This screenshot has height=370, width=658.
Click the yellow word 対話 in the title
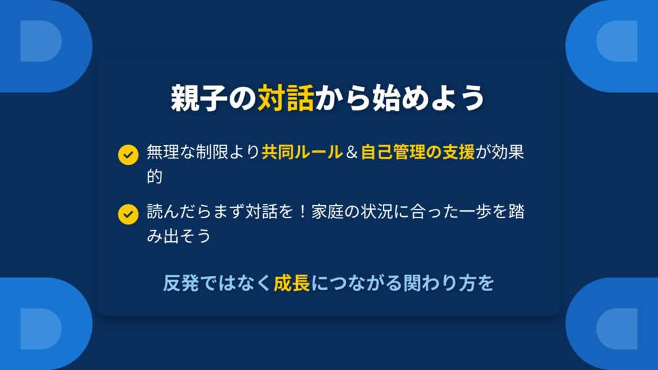coord(286,98)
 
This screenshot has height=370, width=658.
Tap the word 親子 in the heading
coord(199,98)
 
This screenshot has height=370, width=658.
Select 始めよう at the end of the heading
coord(429,98)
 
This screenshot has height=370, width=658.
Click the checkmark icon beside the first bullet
coord(128,155)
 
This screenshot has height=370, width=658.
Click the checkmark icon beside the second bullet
coord(128,214)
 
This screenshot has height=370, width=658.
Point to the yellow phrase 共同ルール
coord(302,152)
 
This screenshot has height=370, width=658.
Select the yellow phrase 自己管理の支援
coord(418,152)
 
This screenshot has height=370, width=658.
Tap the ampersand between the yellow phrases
coord(351,152)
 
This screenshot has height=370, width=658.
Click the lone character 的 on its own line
coord(155,176)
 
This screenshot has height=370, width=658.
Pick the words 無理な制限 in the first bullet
coord(187,152)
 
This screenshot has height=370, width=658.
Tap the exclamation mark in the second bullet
coord(302,212)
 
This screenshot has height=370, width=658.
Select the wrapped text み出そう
coord(179,236)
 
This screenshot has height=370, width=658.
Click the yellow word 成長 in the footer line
coord(291,283)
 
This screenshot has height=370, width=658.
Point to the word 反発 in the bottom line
coord(181,283)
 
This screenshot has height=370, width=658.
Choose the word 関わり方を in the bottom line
coord(448,283)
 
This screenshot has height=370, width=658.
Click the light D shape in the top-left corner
coord(41,41)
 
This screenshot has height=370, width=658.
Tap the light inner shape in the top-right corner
coord(617,41)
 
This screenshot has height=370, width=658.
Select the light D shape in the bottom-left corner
coord(41,329)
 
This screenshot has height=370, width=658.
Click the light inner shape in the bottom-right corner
coord(617,329)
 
